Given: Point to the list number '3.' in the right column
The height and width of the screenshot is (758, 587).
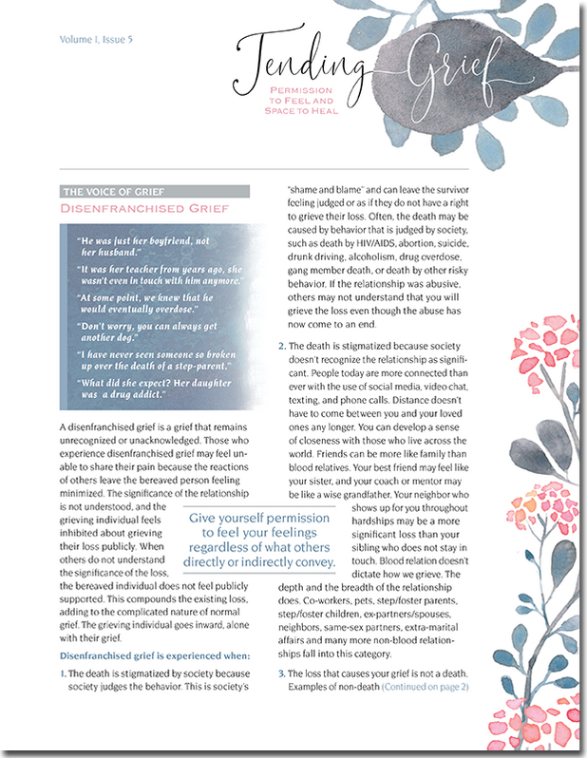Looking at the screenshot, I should [281, 673].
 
